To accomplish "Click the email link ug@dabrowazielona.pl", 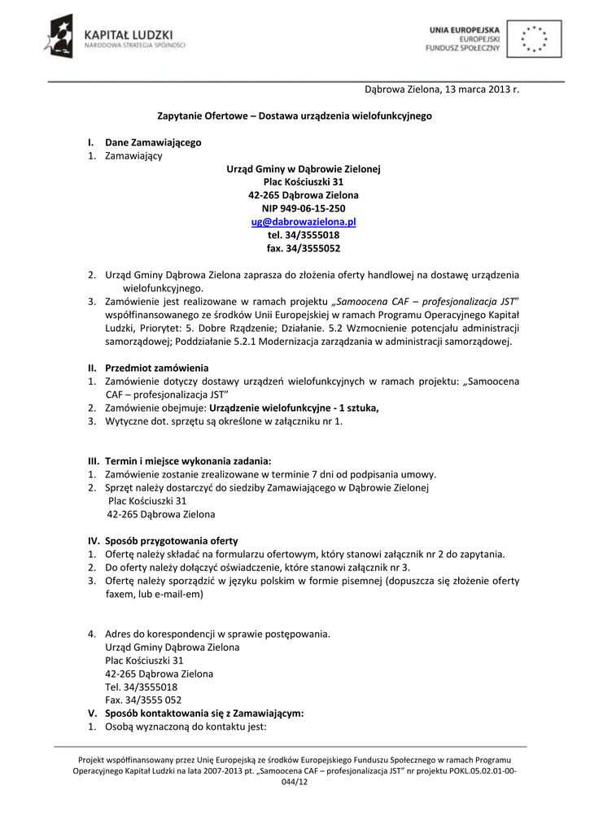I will coord(304,221).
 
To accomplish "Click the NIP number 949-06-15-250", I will coord(304,208).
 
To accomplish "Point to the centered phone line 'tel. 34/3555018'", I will coord(304,234).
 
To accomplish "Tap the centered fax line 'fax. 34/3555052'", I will coord(304,247).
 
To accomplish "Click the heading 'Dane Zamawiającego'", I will coord(153,142).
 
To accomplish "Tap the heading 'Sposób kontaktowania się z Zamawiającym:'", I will coord(204,713).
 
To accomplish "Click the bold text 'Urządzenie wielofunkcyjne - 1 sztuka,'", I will coord(295,408).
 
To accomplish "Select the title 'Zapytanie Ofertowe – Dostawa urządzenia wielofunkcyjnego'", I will coord(294,116).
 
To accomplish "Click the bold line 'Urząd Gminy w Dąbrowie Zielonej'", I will coord(304,169).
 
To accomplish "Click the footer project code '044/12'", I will coord(295,782).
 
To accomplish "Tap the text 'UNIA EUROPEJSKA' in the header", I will coord(465,30).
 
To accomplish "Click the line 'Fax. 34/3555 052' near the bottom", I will coord(143,700).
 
